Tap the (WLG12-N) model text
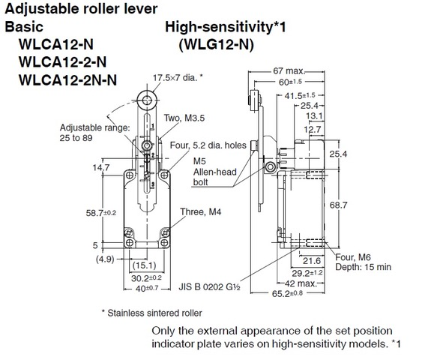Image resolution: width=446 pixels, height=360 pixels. coord(216,45)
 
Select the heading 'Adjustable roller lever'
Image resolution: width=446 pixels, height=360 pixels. coord(82,9)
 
